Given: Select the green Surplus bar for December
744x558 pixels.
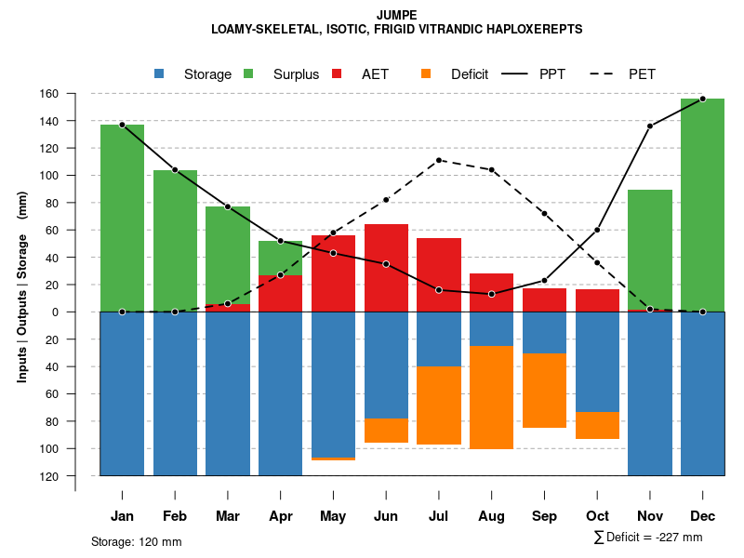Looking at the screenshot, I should click(x=702, y=205).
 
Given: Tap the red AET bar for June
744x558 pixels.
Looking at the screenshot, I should click(x=386, y=268).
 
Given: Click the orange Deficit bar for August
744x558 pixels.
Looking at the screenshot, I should click(x=491, y=397).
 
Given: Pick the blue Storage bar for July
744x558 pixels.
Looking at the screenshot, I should click(x=439, y=339).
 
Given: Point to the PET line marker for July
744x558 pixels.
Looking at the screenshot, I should click(x=439, y=160).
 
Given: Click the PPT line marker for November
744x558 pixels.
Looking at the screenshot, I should click(x=650, y=126).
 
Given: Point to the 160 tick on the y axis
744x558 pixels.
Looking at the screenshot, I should click(x=74, y=94).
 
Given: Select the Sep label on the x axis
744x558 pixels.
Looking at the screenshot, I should click(x=544, y=516).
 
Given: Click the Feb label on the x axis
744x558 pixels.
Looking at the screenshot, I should click(x=175, y=516).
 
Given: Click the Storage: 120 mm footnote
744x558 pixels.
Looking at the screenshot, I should click(x=136, y=541).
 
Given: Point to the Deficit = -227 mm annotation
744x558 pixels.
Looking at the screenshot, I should click(x=648, y=537).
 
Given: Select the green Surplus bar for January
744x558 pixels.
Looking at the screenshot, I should click(x=122, y=218).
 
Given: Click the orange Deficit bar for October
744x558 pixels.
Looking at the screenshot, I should click(x=597, y=426).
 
